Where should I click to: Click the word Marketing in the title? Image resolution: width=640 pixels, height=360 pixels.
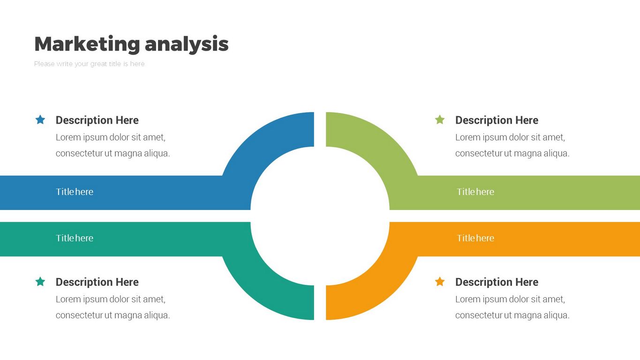(87, 44)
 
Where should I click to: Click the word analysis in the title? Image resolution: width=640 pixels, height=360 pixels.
(187, 44)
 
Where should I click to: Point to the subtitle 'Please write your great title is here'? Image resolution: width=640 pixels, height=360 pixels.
(89, 64)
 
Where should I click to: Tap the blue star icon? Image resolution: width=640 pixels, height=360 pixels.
(40, 120)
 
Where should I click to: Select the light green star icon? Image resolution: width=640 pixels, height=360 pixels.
(440, 120)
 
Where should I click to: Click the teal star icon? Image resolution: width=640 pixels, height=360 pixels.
(40, 282)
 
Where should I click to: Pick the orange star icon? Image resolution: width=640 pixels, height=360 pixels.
(440, 282)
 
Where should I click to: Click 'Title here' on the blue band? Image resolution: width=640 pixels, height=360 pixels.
(75, 192)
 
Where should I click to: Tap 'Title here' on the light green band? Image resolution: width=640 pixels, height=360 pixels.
(475, 192)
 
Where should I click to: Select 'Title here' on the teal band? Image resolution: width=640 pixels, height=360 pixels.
(75, 238)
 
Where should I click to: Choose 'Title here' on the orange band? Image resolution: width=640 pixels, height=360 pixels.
(475, 238)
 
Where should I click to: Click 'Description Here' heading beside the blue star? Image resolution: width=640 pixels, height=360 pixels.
(97, 120)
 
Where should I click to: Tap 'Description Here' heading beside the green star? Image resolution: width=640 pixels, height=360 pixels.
(497, 120)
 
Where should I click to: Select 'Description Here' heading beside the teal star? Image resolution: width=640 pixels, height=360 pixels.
(97, 282)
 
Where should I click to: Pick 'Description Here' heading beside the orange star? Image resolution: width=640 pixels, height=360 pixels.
(497, 282)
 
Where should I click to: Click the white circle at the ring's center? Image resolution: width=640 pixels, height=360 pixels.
(320, 216)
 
